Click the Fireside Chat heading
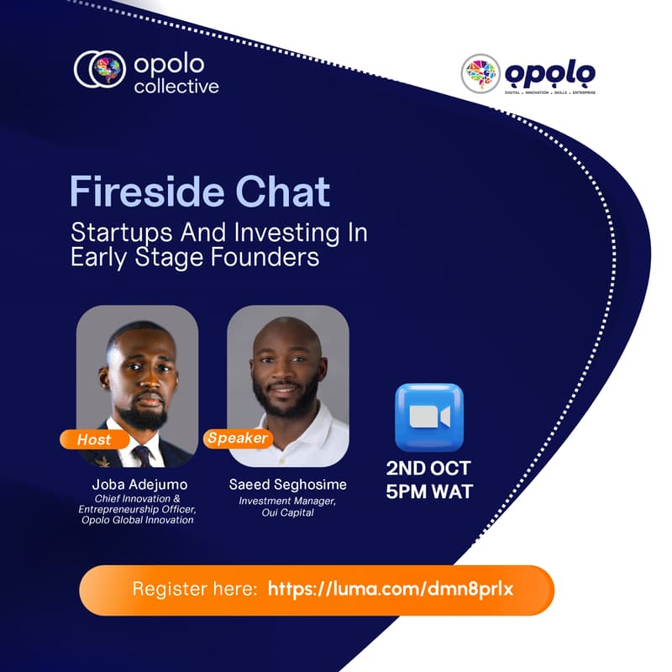[199, 192]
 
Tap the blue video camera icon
[428, 417]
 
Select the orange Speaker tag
[238, 438]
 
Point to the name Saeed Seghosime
[288, 485]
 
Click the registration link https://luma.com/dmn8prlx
[390, 589]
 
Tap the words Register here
[194, 589]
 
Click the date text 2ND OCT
[428, 468]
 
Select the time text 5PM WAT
[428, 491]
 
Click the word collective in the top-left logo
[176, 86]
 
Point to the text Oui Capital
[288, 512]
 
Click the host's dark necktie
[142, 456]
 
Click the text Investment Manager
[288, 501]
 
